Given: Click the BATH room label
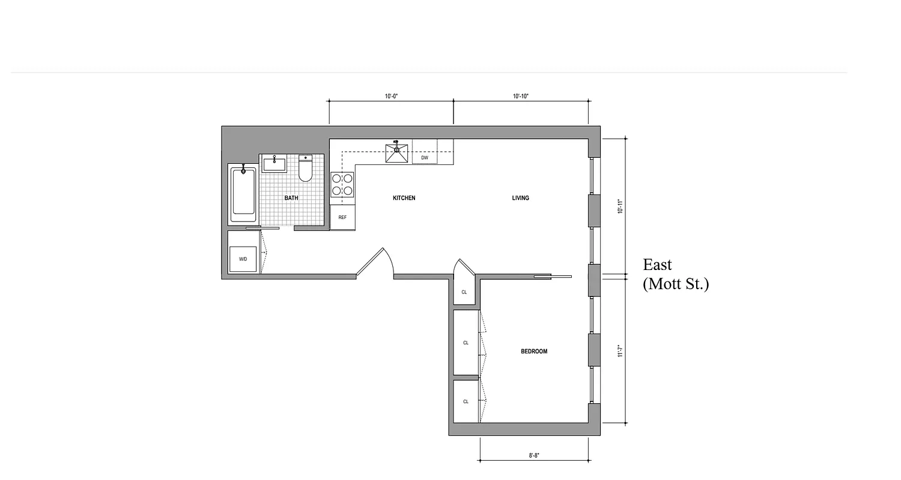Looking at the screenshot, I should point(291,198).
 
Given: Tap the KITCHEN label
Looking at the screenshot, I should point(404,198).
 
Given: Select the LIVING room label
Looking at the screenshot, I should point(520,198).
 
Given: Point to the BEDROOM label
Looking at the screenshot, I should point(533,352).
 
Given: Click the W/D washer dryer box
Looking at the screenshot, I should point(243,259).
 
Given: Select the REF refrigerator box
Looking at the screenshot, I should point(342,217).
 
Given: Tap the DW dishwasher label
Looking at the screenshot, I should point(425,158).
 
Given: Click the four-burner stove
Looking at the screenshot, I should point(342,185).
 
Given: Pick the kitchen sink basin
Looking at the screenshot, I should point(396,154).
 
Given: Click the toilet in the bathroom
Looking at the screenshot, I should point(306,169).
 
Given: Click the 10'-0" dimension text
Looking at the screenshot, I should point(392,96).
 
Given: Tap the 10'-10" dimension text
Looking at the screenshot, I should point(521,96).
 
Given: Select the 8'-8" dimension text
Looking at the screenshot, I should point(534,455).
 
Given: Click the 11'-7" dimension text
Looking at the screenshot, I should point(620,350).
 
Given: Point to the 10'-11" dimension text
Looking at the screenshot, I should point(620,206).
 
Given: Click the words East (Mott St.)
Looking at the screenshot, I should point(675,274).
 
